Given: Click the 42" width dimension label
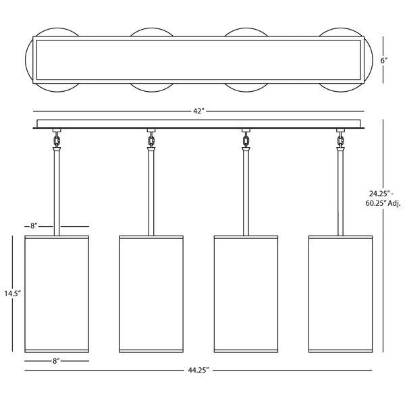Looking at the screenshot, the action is tap(198, 111).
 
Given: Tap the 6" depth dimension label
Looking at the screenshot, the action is tap(384, 61).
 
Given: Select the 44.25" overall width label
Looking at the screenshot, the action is tap(198, 370).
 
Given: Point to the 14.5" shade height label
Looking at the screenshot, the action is tap(12, 293).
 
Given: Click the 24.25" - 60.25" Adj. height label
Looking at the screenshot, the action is tap(383, 198).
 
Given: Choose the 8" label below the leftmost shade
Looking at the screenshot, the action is tap(56, 361).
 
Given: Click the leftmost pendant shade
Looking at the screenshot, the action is tap(57, 294).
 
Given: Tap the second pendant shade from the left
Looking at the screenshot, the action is tap(151, 294).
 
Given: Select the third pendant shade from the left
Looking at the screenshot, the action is tap(246, 294).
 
